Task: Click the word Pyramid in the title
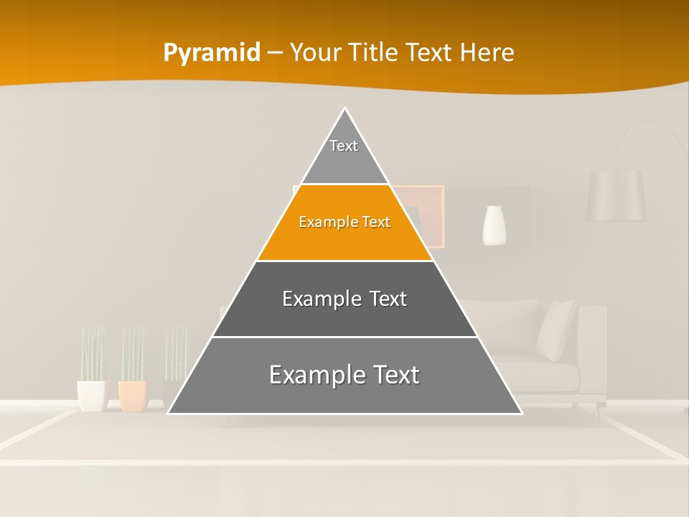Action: (x=212, y=53)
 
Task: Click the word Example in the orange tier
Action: (x=324, y=222)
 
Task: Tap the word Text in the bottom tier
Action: (x=390, y=375)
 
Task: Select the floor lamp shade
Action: (x=616, y=195)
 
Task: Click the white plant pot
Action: (x=92, y=396)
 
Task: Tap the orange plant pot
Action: (x=133, y=396)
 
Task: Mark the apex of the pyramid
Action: (x=344, y=110)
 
